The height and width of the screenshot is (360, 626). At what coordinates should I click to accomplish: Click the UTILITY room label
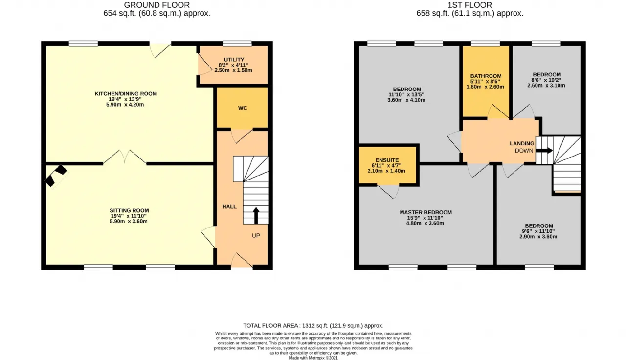(234, 60)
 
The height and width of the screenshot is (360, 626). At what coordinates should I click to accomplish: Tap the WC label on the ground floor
(243, 108)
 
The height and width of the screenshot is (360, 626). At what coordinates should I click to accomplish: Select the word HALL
(229, 207)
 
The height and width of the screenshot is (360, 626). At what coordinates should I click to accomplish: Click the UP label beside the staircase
(256, 236)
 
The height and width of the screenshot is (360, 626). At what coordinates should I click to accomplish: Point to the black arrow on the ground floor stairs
(256, 215)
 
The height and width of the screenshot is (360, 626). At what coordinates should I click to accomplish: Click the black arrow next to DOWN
(544, 150)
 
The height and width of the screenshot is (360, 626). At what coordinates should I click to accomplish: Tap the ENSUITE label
(387, 160)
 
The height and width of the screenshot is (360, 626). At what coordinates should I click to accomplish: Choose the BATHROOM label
(486, 76)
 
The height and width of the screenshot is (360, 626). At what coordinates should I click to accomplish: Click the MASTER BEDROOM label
(425, 212)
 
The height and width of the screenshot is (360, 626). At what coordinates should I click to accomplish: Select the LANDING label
(522, 143)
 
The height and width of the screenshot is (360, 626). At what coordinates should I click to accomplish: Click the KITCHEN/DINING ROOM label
(126, 94)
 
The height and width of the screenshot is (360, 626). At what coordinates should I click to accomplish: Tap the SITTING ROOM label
(129, 210)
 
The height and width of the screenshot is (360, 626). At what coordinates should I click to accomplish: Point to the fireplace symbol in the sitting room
(56, 177)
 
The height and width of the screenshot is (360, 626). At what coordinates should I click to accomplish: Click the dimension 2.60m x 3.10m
(546, 86)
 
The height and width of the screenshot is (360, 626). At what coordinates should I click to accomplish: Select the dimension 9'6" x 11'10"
(538, 231)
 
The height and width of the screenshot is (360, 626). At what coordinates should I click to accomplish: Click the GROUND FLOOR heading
(157, 5)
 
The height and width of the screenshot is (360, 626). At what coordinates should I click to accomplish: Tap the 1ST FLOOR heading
(470, 5)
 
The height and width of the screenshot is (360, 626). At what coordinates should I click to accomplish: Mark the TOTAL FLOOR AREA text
(313, 326)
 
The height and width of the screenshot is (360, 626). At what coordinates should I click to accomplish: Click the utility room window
(237, 44)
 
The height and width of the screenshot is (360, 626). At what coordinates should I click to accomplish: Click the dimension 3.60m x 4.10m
(406, 100)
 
